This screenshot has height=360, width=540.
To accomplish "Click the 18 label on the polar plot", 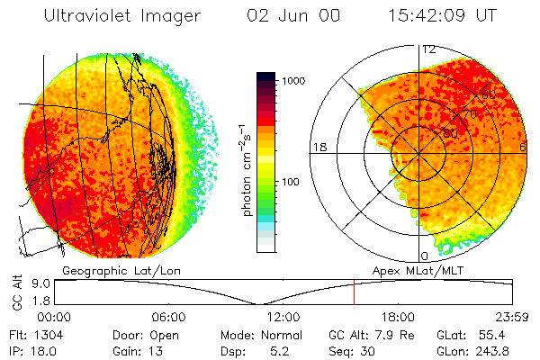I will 319,147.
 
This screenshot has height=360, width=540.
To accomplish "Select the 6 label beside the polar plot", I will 523,147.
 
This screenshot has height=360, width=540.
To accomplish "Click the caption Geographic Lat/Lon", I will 106,269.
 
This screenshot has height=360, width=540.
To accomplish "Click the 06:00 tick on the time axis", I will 168,317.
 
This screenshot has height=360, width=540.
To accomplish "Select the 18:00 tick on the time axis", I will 397,317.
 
